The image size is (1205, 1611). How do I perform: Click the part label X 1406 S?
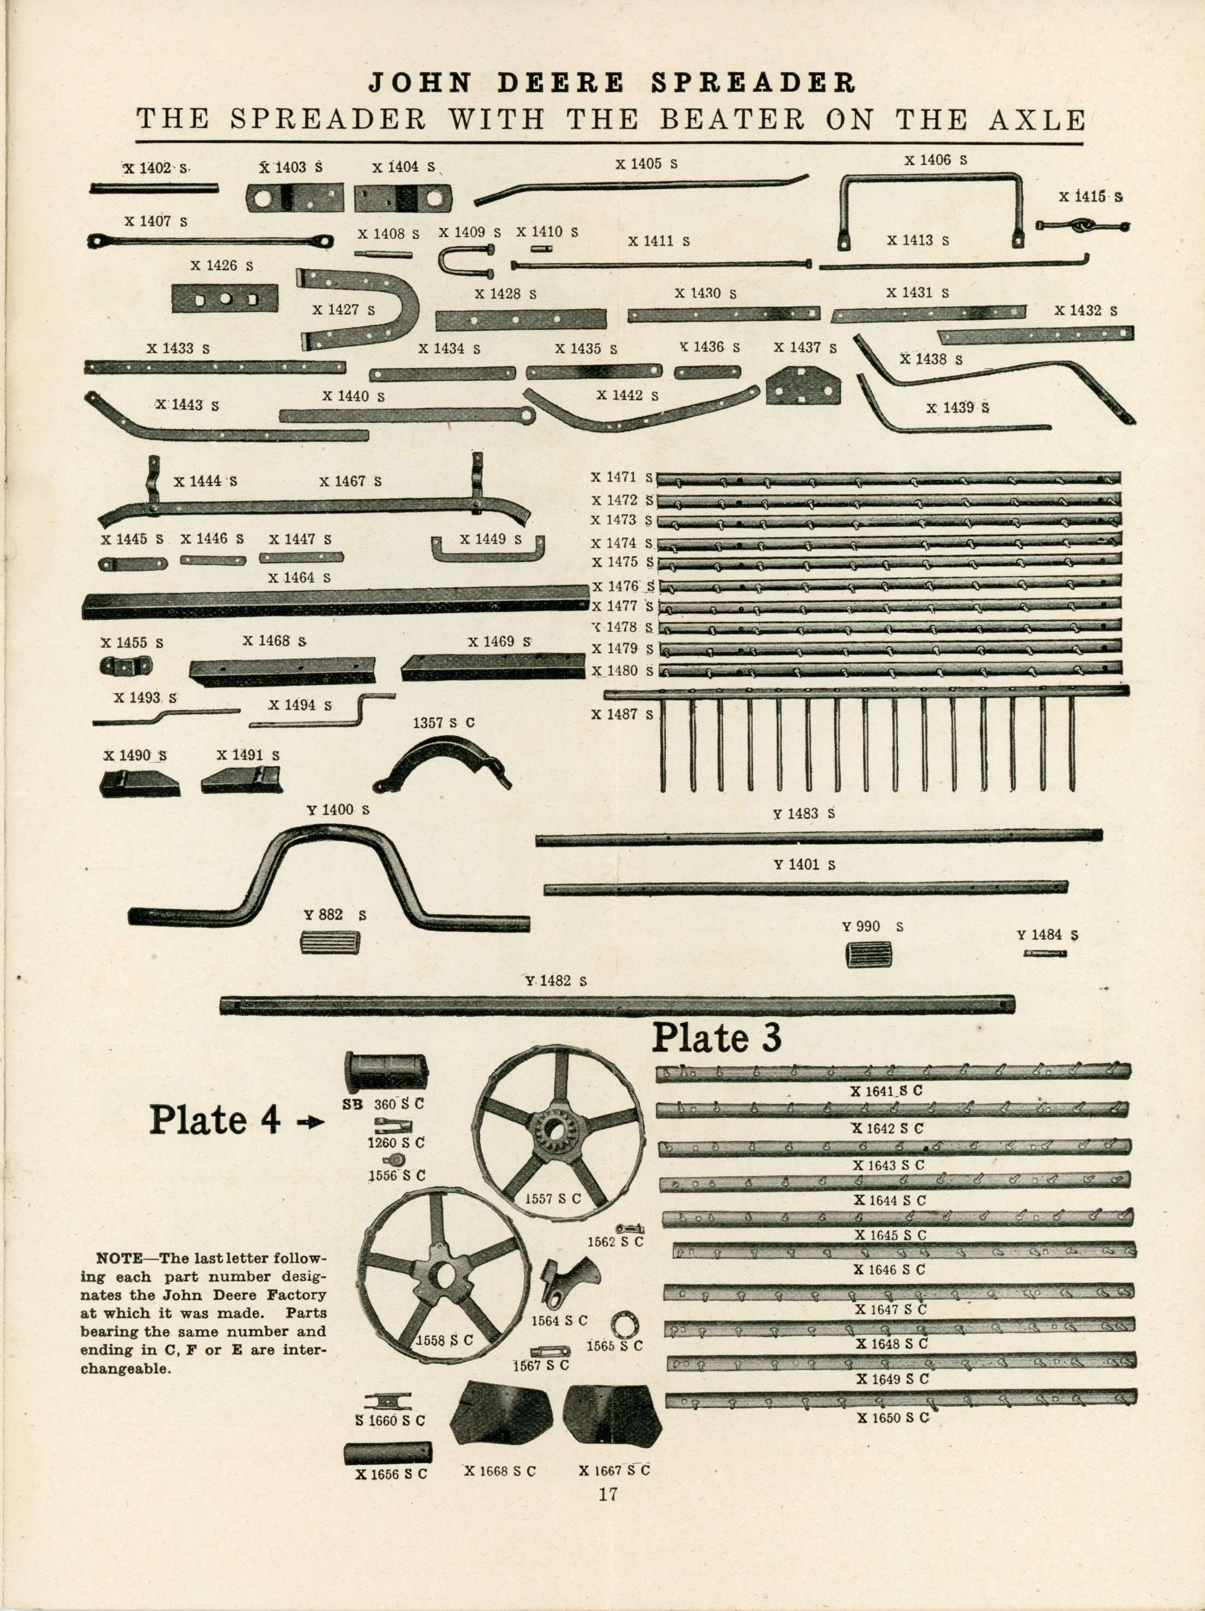pos(936,160)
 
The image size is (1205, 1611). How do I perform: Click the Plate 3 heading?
pos(716,1038)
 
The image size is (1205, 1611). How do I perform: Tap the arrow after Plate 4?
pos(311,1122)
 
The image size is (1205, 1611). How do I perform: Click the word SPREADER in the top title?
pos(753,83)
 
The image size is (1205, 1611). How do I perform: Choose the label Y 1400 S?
pos(339,810)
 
